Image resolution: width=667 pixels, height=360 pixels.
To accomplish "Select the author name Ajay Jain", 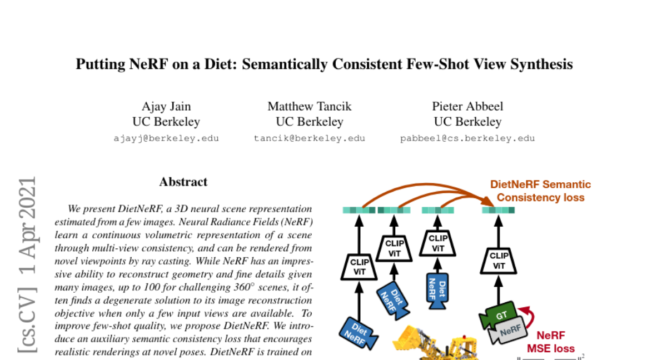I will [166, 106].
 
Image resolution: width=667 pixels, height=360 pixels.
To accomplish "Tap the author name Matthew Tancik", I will [310, 106].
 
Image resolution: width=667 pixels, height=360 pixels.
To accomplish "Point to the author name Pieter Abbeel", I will [467, 106].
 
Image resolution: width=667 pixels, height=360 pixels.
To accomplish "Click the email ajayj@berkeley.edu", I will [166, 138].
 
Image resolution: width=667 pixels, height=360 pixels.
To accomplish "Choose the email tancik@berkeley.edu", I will [310, 138].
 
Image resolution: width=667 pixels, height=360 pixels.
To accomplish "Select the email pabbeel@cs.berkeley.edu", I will [467, 138].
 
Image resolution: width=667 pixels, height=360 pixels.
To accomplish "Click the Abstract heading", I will [183, 182].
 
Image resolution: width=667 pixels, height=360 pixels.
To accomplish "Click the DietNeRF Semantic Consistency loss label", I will [540, 191].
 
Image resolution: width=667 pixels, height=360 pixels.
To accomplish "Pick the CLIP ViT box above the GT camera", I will [498, 261].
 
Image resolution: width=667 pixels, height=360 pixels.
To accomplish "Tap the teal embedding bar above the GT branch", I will [498, 210].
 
